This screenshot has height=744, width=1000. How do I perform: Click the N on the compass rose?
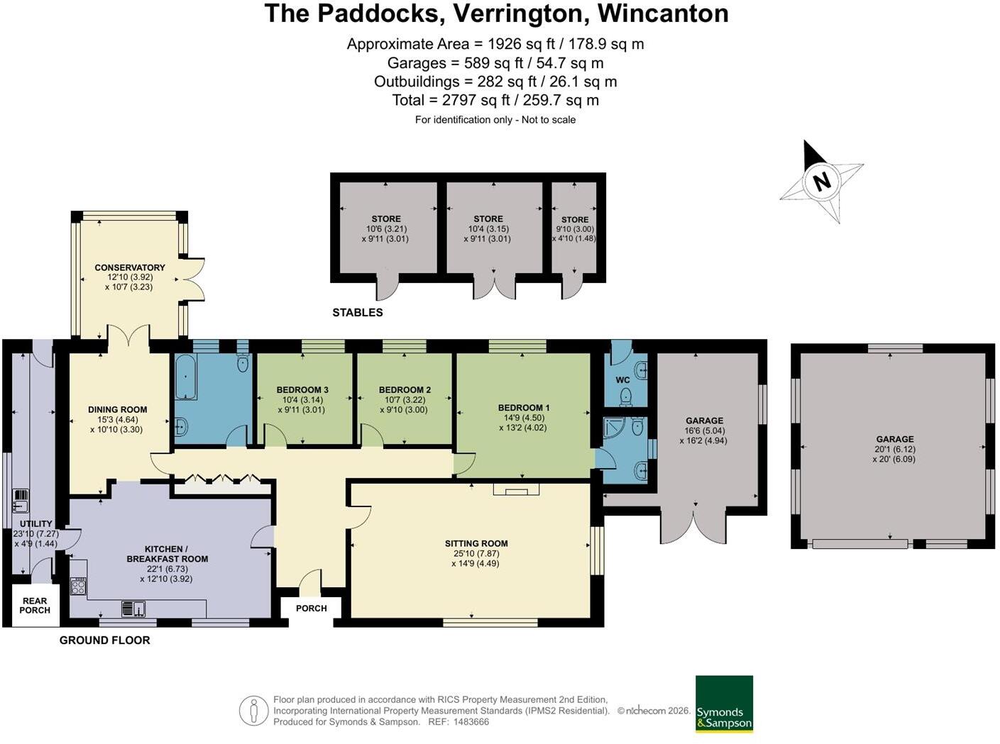[x=821, y=182]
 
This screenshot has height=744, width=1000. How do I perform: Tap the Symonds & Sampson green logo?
[x=724, y=704]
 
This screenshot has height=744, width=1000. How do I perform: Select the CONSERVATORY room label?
[x=130, y=267]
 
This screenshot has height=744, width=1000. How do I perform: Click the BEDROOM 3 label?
[x=302, y=390]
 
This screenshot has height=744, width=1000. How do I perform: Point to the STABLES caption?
[x=358, y=312]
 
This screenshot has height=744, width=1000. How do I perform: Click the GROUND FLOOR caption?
[x=104, y=640]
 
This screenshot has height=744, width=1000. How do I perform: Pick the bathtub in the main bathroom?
[x=186, y=377]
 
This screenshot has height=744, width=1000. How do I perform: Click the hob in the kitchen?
[x=78, y=587]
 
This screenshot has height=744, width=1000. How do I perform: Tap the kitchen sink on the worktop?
[x=134, y=609]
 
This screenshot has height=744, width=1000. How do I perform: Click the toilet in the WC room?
[x=625, y=397]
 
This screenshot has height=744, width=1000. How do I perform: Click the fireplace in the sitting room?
[x=516, y=489]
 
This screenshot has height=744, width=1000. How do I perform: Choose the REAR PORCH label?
[x=35, y=605]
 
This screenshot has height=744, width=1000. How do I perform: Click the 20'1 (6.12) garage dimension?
[x=895, y=449]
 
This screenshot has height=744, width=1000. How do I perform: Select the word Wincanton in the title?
[x=663, y=13]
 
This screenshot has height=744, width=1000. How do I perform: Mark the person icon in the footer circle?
[x=254, y=711]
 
